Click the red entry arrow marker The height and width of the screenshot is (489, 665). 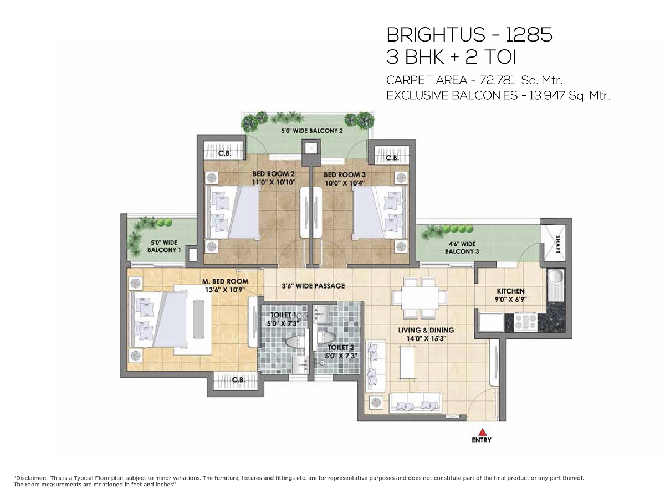pyautogui.click(x=483, y=431)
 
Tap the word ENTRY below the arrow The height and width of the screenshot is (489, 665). pyautogui.click(x=482, y=440)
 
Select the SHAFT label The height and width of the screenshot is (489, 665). pyautogui.click(x=557, y=244)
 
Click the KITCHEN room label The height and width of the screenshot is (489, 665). pyautogui.click(x=510, y=291)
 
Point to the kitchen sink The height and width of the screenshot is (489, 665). pyautogui.click(x=555, y=277)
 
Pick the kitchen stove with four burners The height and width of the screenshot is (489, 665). pyautogui.click(x=525, y=322)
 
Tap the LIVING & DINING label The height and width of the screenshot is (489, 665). pyautogui.click(x=426, y=330)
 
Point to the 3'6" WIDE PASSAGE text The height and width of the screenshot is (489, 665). pyautogui.click(x=313, y=286)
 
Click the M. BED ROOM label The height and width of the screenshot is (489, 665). pyautogui.click(x=226, y=281)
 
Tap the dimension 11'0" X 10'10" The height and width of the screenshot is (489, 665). pyautogui.click(x=274, y=182)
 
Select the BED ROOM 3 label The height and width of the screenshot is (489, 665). pyautogui.click(x=345, y=175)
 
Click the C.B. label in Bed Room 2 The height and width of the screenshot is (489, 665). pyautogui.click(x=225, y=153)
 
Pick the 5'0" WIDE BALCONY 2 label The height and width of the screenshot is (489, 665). pyautogui.click(x=312, y=131)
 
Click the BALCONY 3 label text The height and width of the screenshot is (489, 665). pyautogui.click(x=462, y=251)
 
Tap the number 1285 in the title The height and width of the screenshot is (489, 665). pyautogui.click(x=529, y=35)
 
